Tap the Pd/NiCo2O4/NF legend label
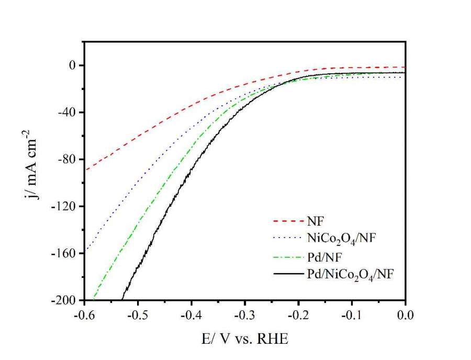point(348,273)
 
